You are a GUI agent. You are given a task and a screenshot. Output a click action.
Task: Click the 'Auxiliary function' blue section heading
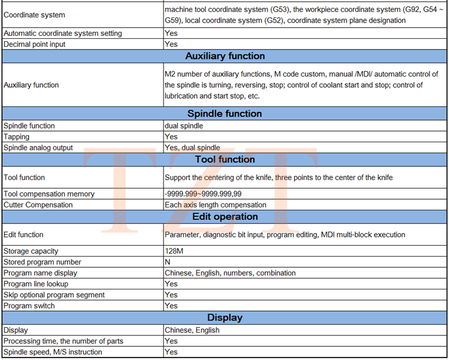click(x=224, y=56)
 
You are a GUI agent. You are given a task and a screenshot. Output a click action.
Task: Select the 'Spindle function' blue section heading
click(x=224, y=114)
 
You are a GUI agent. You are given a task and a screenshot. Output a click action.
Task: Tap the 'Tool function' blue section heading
click(x=224, y=159)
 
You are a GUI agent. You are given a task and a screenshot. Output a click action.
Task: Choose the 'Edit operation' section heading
click(x=224, y=216)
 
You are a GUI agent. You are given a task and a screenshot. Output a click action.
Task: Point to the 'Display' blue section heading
click(x=224, y=318)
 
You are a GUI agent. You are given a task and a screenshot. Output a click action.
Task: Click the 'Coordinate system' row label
click(x=35, y=15)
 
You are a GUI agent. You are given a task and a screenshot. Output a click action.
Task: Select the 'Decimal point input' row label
click(x=35, y=44)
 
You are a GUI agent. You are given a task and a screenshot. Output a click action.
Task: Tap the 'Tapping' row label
click(x=17, y=137)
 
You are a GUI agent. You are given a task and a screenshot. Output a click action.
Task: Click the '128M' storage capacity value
click(x=174, y=251)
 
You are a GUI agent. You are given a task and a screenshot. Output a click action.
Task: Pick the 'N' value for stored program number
click(x=168, y=262)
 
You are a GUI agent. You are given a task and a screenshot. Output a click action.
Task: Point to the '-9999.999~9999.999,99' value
click(x=203, y=194)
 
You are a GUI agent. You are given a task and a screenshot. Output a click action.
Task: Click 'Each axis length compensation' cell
click(x=215, y=205)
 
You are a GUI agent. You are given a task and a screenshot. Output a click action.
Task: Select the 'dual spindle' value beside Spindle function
click(x=184, y=126)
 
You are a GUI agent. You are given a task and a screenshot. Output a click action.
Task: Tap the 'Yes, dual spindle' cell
click(x=192, y=148)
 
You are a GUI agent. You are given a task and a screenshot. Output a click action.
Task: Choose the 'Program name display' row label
click(x=40, y=273)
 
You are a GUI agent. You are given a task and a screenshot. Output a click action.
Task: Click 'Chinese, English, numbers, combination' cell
click(x=230, y=273)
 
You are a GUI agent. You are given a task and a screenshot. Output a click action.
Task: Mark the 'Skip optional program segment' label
click(x=54, y=295)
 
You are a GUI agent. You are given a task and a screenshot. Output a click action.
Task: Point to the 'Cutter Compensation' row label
click(x=38, y=205)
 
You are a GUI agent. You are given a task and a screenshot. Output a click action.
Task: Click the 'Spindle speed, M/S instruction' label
click(x=53, y=352)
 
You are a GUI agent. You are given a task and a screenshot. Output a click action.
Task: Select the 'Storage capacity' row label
click(x=31, y=251)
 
